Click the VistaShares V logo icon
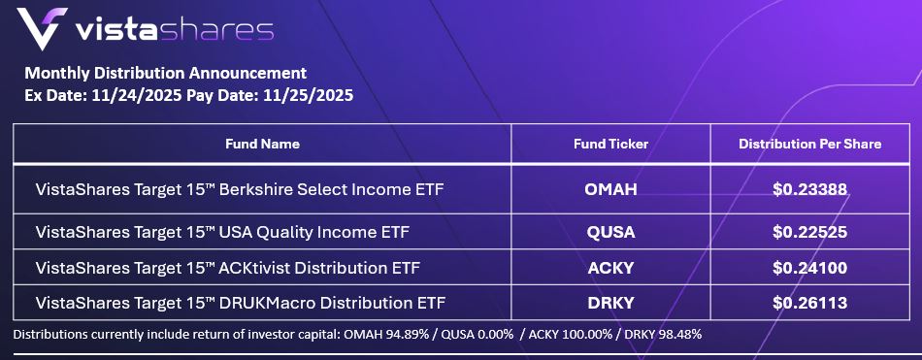[x=41, y=28]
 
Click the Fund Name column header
[x=262, y=145]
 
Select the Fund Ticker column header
[x=610, y=145]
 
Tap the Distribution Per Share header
[x=809, y=145]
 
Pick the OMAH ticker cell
[x=610, y=189]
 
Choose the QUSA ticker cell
[x=610, y=232]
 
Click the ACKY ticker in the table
[x=610, y=268]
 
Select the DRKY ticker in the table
[x=610, y=303]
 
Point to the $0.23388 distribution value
[x=809, y=189]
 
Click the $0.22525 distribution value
[x=809, y=232]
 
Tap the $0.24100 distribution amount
[x=809, y=268]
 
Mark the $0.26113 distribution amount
[x=809, y=303]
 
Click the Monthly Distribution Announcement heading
[x=165, y=74]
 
